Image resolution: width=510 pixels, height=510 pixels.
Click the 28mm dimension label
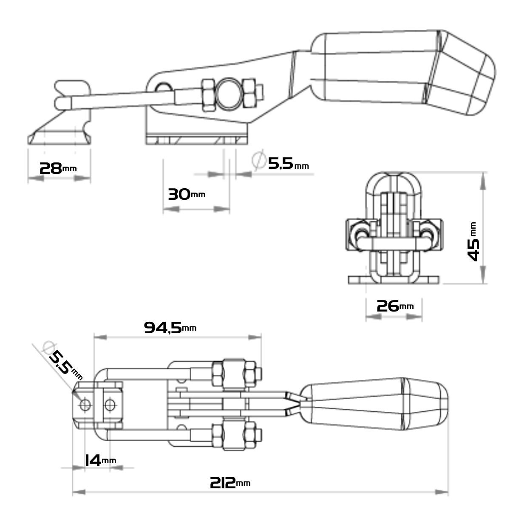58,168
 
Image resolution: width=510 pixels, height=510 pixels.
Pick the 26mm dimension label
395,306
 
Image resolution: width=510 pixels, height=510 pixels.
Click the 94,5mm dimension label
170,328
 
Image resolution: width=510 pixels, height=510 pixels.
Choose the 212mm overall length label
230,483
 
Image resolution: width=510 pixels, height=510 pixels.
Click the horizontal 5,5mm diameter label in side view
288,163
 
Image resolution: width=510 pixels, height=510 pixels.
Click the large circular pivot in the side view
229,94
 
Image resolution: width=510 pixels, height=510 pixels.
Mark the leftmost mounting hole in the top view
85,405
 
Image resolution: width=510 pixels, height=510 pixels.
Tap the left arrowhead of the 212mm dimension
79,492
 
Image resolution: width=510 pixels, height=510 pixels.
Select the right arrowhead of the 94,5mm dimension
255,337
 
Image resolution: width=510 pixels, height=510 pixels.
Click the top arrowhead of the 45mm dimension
483,181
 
